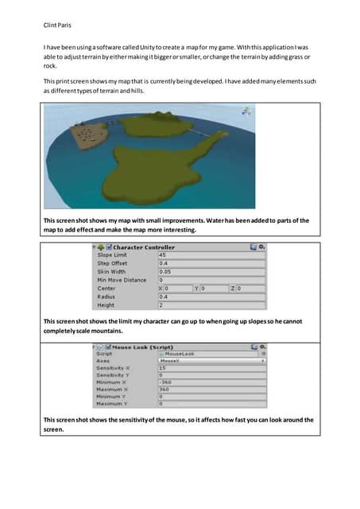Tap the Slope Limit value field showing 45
coord(211,255)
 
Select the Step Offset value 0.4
coord(211,263)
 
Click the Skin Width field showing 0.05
coord(211,271)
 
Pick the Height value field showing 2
coord(211,305)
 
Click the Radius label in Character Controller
coord(106,297)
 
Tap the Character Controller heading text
coord(144,247)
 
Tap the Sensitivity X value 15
coord(211,368)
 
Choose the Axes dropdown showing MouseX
coord(211,360)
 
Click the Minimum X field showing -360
coord(211,383)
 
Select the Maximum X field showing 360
coord(211,390)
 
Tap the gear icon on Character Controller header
coord(261,247)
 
